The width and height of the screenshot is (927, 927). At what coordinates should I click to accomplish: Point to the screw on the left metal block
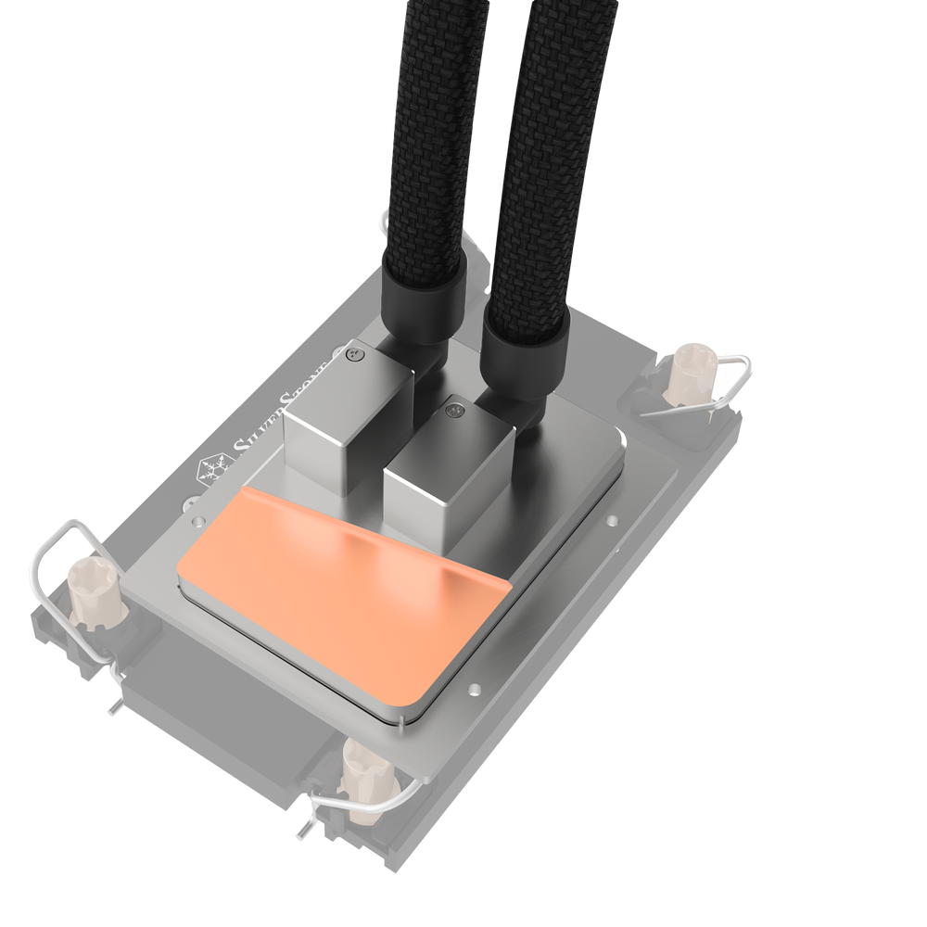point(352,352)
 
